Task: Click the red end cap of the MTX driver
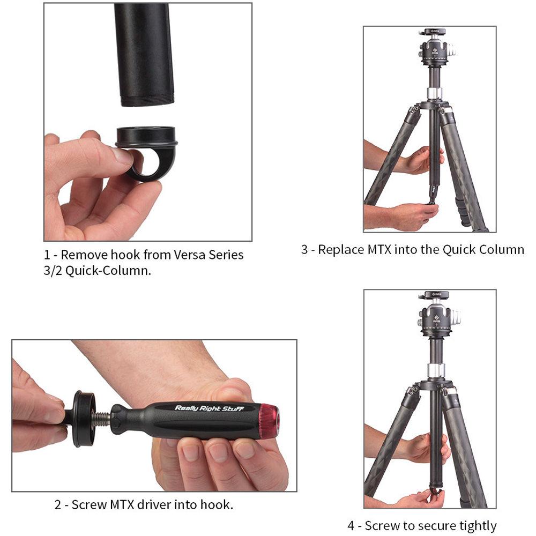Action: pos(269,421)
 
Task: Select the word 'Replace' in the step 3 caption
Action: pos(343,250)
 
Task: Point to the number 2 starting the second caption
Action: pos(57,504)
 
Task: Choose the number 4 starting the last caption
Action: pos(351,526)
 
